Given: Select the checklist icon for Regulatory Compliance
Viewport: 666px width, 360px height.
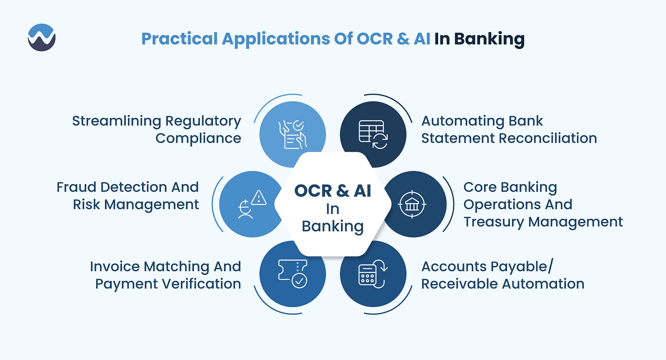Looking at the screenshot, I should pyautogui.click(x=292, y=135).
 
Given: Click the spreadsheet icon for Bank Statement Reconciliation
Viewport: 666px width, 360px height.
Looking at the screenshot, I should pyautogui.click(x=373, y=135).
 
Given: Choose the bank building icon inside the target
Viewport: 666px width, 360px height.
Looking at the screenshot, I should pyautogui.click(x=412, y=204).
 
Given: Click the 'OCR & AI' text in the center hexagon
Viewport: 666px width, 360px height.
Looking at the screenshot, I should pyautogui.click(x=333, y=191).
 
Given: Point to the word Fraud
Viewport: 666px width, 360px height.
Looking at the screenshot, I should pyautogui.click(x=75, y=187).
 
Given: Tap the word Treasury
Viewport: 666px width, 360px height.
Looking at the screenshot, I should pyautogui.click(x=493, y=222).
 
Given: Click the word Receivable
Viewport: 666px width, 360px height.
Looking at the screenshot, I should pyautogui.click(x=459, y=284).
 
